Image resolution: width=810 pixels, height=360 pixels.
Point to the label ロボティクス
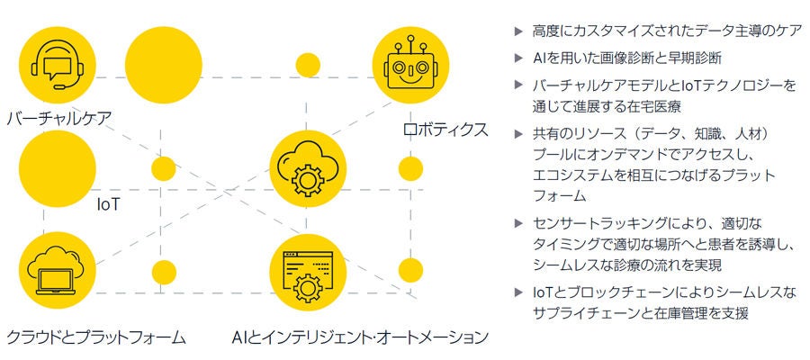coord(445,130)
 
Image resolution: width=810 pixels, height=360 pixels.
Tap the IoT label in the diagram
coord(109,204)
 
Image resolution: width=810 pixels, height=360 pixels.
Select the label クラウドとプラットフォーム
coord(96,337)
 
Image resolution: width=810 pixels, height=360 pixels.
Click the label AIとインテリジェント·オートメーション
coord(359,337)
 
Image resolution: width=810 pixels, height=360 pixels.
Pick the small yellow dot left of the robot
coord(308,65)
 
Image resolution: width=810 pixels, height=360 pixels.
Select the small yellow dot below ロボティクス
coord(410,168)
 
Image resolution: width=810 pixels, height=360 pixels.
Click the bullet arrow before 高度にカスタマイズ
coord(517,31)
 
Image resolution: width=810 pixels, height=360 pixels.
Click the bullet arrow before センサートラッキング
coord(517,222)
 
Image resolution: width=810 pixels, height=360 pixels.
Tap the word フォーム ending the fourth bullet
coord(559,194)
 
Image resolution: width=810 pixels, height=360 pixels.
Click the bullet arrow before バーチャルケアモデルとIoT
coord(517,85)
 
